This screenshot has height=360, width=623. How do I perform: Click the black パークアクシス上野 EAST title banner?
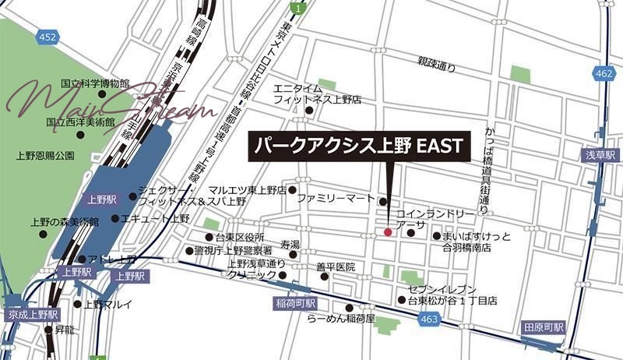[x=357, y=146]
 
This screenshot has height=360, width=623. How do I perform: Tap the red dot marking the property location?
[x=388, y=231]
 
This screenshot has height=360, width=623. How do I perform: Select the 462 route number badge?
[x=602, y=72]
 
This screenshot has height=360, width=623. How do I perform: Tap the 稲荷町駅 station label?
[x=296, y=302]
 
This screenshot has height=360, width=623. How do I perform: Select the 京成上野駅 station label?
[x=32, y=314]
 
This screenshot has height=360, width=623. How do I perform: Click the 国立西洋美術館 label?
[x=80, y=122]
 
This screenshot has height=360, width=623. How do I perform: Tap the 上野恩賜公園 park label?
[x=44, y=155]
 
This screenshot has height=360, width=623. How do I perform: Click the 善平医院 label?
[x=336, y=267]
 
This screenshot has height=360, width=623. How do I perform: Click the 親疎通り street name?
[x=436, y=67]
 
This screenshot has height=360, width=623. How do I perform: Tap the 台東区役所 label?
[x=241, y=237]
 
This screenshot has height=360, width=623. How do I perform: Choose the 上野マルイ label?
[x=108, y=304]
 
